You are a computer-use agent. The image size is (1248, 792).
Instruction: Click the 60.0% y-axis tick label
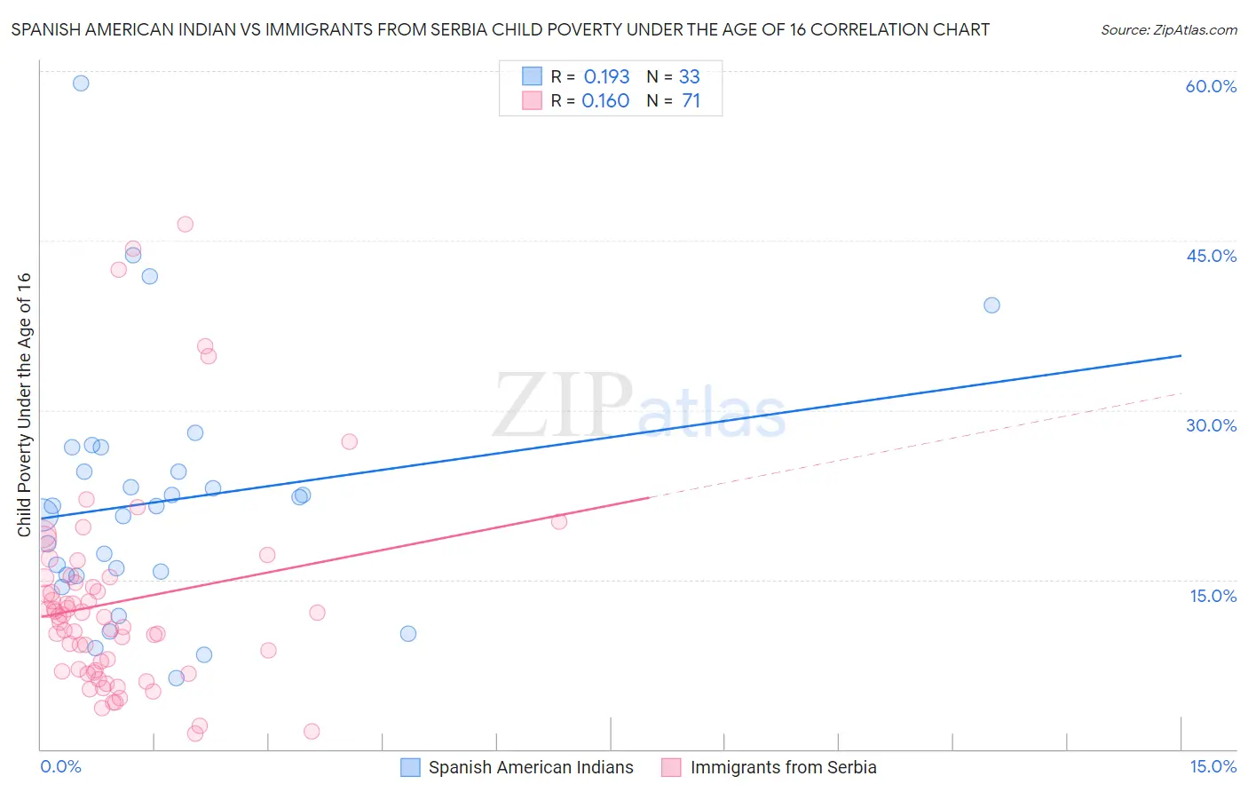[1211, 86]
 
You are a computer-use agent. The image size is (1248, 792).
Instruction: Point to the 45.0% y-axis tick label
[1211, 256]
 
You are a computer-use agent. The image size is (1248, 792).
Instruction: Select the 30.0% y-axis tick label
[1211, 425]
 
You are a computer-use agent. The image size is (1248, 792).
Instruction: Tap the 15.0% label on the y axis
[1212, 596]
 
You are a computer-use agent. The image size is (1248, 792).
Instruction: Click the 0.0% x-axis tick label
[60, 766]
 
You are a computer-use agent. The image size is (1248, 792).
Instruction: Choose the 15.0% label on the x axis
[1212, 766]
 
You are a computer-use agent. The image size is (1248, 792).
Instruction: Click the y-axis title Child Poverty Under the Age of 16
[24, 404]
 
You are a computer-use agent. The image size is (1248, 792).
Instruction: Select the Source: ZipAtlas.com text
[1168, 30]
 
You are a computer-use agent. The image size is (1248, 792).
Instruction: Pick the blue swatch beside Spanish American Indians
[410, 767]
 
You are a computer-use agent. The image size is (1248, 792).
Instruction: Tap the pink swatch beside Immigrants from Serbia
[671, 767]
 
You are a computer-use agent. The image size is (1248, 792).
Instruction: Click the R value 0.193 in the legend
[606, 77]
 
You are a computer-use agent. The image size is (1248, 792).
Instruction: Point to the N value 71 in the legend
[691, 101]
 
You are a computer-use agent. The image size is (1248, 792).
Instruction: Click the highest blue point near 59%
[81, 83]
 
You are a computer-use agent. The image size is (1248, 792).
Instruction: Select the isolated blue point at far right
[991, 305]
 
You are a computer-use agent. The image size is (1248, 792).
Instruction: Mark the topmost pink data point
[185, 224]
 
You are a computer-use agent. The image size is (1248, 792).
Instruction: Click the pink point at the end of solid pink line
[559, 521]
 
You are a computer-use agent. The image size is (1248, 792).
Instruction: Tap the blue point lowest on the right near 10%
[408, 633]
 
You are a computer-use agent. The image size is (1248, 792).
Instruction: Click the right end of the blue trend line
[1181, 355]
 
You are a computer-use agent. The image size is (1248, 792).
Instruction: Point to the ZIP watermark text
[563, 405]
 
